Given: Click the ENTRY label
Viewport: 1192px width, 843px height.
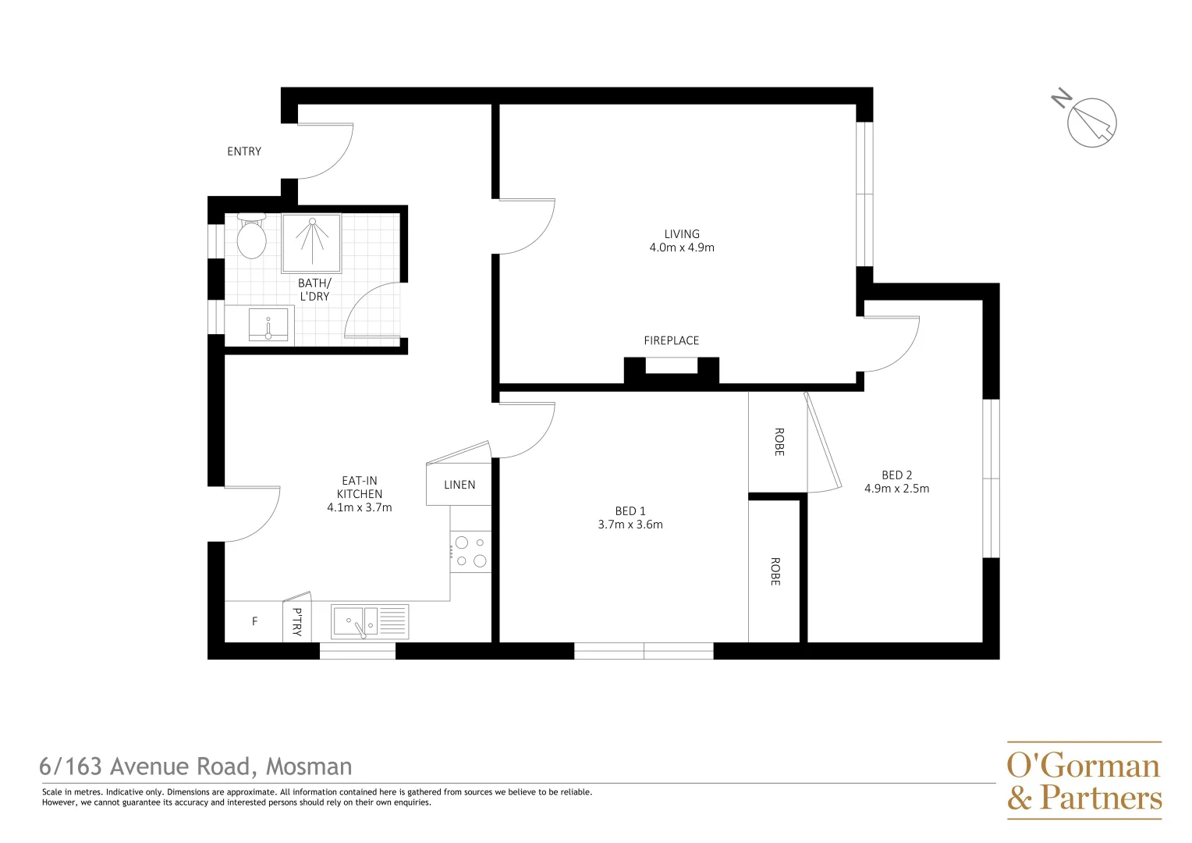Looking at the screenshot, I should click(x=244, y=151).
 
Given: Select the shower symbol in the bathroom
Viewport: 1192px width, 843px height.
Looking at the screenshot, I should click(x=311, y=243).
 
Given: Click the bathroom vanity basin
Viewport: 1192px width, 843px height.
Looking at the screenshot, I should click(x=268, y=325).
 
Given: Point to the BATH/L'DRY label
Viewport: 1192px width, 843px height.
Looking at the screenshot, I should click(x=314, y=290).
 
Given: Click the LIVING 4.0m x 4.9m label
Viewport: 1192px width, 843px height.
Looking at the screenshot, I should click(x=682, y=240).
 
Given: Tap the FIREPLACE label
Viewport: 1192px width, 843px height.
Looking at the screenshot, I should click(x=671, y=340).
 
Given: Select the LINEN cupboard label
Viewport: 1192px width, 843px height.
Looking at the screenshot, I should click(x=459, y=485).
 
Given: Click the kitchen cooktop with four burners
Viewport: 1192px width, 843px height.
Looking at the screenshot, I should click(x=470, y=551).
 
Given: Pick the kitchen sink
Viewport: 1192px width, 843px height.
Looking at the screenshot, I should click(x=369, y=622).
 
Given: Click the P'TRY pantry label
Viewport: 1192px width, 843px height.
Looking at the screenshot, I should click(x=297, y=621).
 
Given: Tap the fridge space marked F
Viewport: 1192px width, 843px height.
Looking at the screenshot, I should click(x=254, y=622).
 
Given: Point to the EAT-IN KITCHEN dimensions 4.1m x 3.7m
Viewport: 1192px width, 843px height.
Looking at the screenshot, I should click(x=360, y=507).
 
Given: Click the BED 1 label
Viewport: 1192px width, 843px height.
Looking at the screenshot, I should click(x=630, y=511).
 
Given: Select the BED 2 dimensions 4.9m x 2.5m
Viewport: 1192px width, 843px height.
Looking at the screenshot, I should click(x=896, y=489).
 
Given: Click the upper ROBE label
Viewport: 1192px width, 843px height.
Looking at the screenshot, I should click(x=779, y=442).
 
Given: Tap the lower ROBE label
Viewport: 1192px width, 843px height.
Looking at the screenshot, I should click(x=775, y=571).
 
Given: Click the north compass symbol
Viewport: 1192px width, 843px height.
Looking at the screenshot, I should click(x=1090, y=122).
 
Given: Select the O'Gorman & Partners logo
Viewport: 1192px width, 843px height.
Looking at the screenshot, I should click(x=1084, y=781).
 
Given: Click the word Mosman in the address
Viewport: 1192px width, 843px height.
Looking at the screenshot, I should click(x=309, y=767).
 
